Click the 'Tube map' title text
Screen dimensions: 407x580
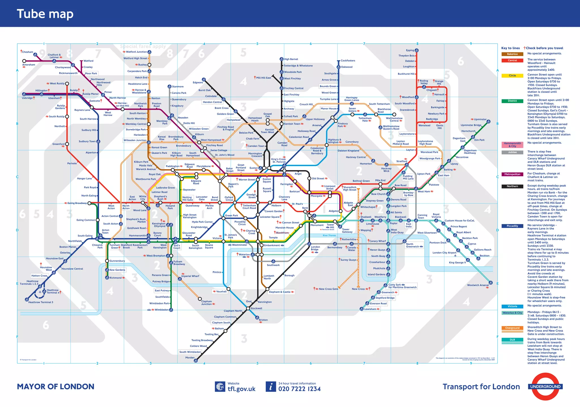click(x=45, y=14)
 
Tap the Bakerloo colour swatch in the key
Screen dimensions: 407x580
click(x=512, y=54)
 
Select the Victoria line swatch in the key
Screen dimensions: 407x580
click(x=512, y=306)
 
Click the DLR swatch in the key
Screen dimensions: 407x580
click(x=512, y=340)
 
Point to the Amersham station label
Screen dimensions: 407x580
click(x=29, y=65)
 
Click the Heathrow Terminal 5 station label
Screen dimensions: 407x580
click(x=40, y=302)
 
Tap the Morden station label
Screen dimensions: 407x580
click(x=190, y=358)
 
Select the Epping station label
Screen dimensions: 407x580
click(x=410, y=50)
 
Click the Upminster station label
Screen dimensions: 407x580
click(x=480, y=119)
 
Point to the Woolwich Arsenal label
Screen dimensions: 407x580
click(x=478, y=285)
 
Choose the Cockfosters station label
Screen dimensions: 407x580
click(x=348, y=61)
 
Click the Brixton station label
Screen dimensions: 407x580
click(x=263, y=320)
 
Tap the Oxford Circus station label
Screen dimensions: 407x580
click(x=229, y=199)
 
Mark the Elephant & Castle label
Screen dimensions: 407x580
click(x=280, y=292)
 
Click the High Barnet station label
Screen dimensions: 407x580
click(x=291, y=59)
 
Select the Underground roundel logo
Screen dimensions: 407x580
click(x=545, y=386)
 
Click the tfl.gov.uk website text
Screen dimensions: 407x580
click(x=241, y=389)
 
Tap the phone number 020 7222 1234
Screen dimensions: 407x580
click(x=299, y=389)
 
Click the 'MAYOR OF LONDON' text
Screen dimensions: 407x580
click(x=56, y=387)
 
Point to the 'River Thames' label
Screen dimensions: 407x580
click(x=329, y=235)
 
